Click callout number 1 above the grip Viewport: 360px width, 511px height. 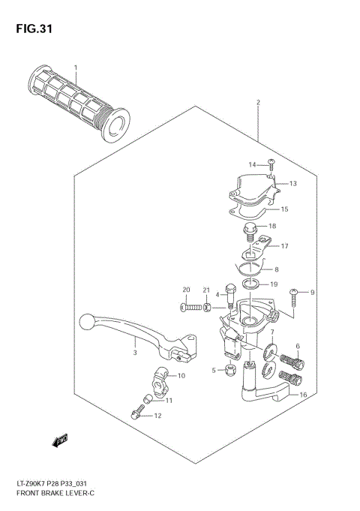(x=75, y=68)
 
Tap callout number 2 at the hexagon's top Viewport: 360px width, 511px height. (x=258, y=103)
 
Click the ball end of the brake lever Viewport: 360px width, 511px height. (x=86, y=323)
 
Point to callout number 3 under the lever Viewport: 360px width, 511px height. (x=135, y=352)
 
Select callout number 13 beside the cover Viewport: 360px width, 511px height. (x=292, y=183)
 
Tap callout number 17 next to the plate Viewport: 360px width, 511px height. (x=284, y=245)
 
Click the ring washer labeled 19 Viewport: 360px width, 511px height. (x=253, y=284)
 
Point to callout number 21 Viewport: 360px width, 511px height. (x=208, y=290)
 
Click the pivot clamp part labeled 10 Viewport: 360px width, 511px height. (x=163, y=375)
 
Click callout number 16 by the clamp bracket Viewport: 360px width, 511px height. (x=303, y=395)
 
